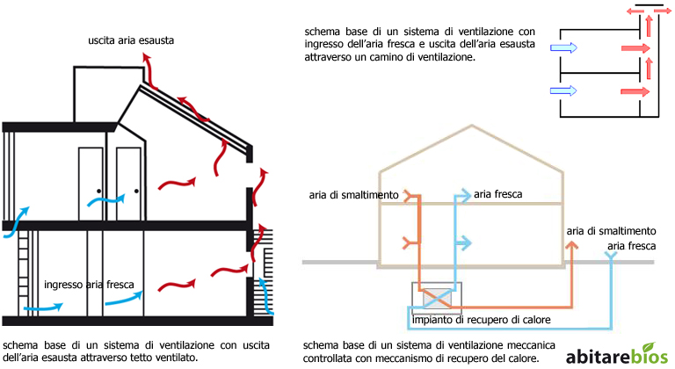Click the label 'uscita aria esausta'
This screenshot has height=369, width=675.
(x=131, y=40)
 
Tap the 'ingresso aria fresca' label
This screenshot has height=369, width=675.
(x=89, y=285)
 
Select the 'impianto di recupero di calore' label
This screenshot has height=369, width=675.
(x=482, y=320)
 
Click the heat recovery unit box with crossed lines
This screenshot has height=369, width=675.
(x=437, y=298)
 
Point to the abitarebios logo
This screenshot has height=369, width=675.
(x=617, y=355)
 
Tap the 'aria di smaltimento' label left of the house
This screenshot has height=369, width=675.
(x=353, y=195)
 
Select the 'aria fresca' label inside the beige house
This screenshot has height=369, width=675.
(x=498, y=194)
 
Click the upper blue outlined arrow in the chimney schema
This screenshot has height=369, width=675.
(x=563, y=47)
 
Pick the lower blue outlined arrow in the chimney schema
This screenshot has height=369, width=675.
(x=563, y=90)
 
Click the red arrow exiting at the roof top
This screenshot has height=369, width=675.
(x=148, y=70)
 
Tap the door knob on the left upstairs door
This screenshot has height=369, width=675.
(x=98, y=192)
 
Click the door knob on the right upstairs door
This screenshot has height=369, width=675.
(x=136, y=192)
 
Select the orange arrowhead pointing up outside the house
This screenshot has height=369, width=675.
(x=571, y=245)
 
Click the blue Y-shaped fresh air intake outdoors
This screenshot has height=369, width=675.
(x=611, y=256)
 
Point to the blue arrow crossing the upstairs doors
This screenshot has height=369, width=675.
(x=106, y=200)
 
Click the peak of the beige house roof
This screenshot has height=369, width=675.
(x=472, y=126)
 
